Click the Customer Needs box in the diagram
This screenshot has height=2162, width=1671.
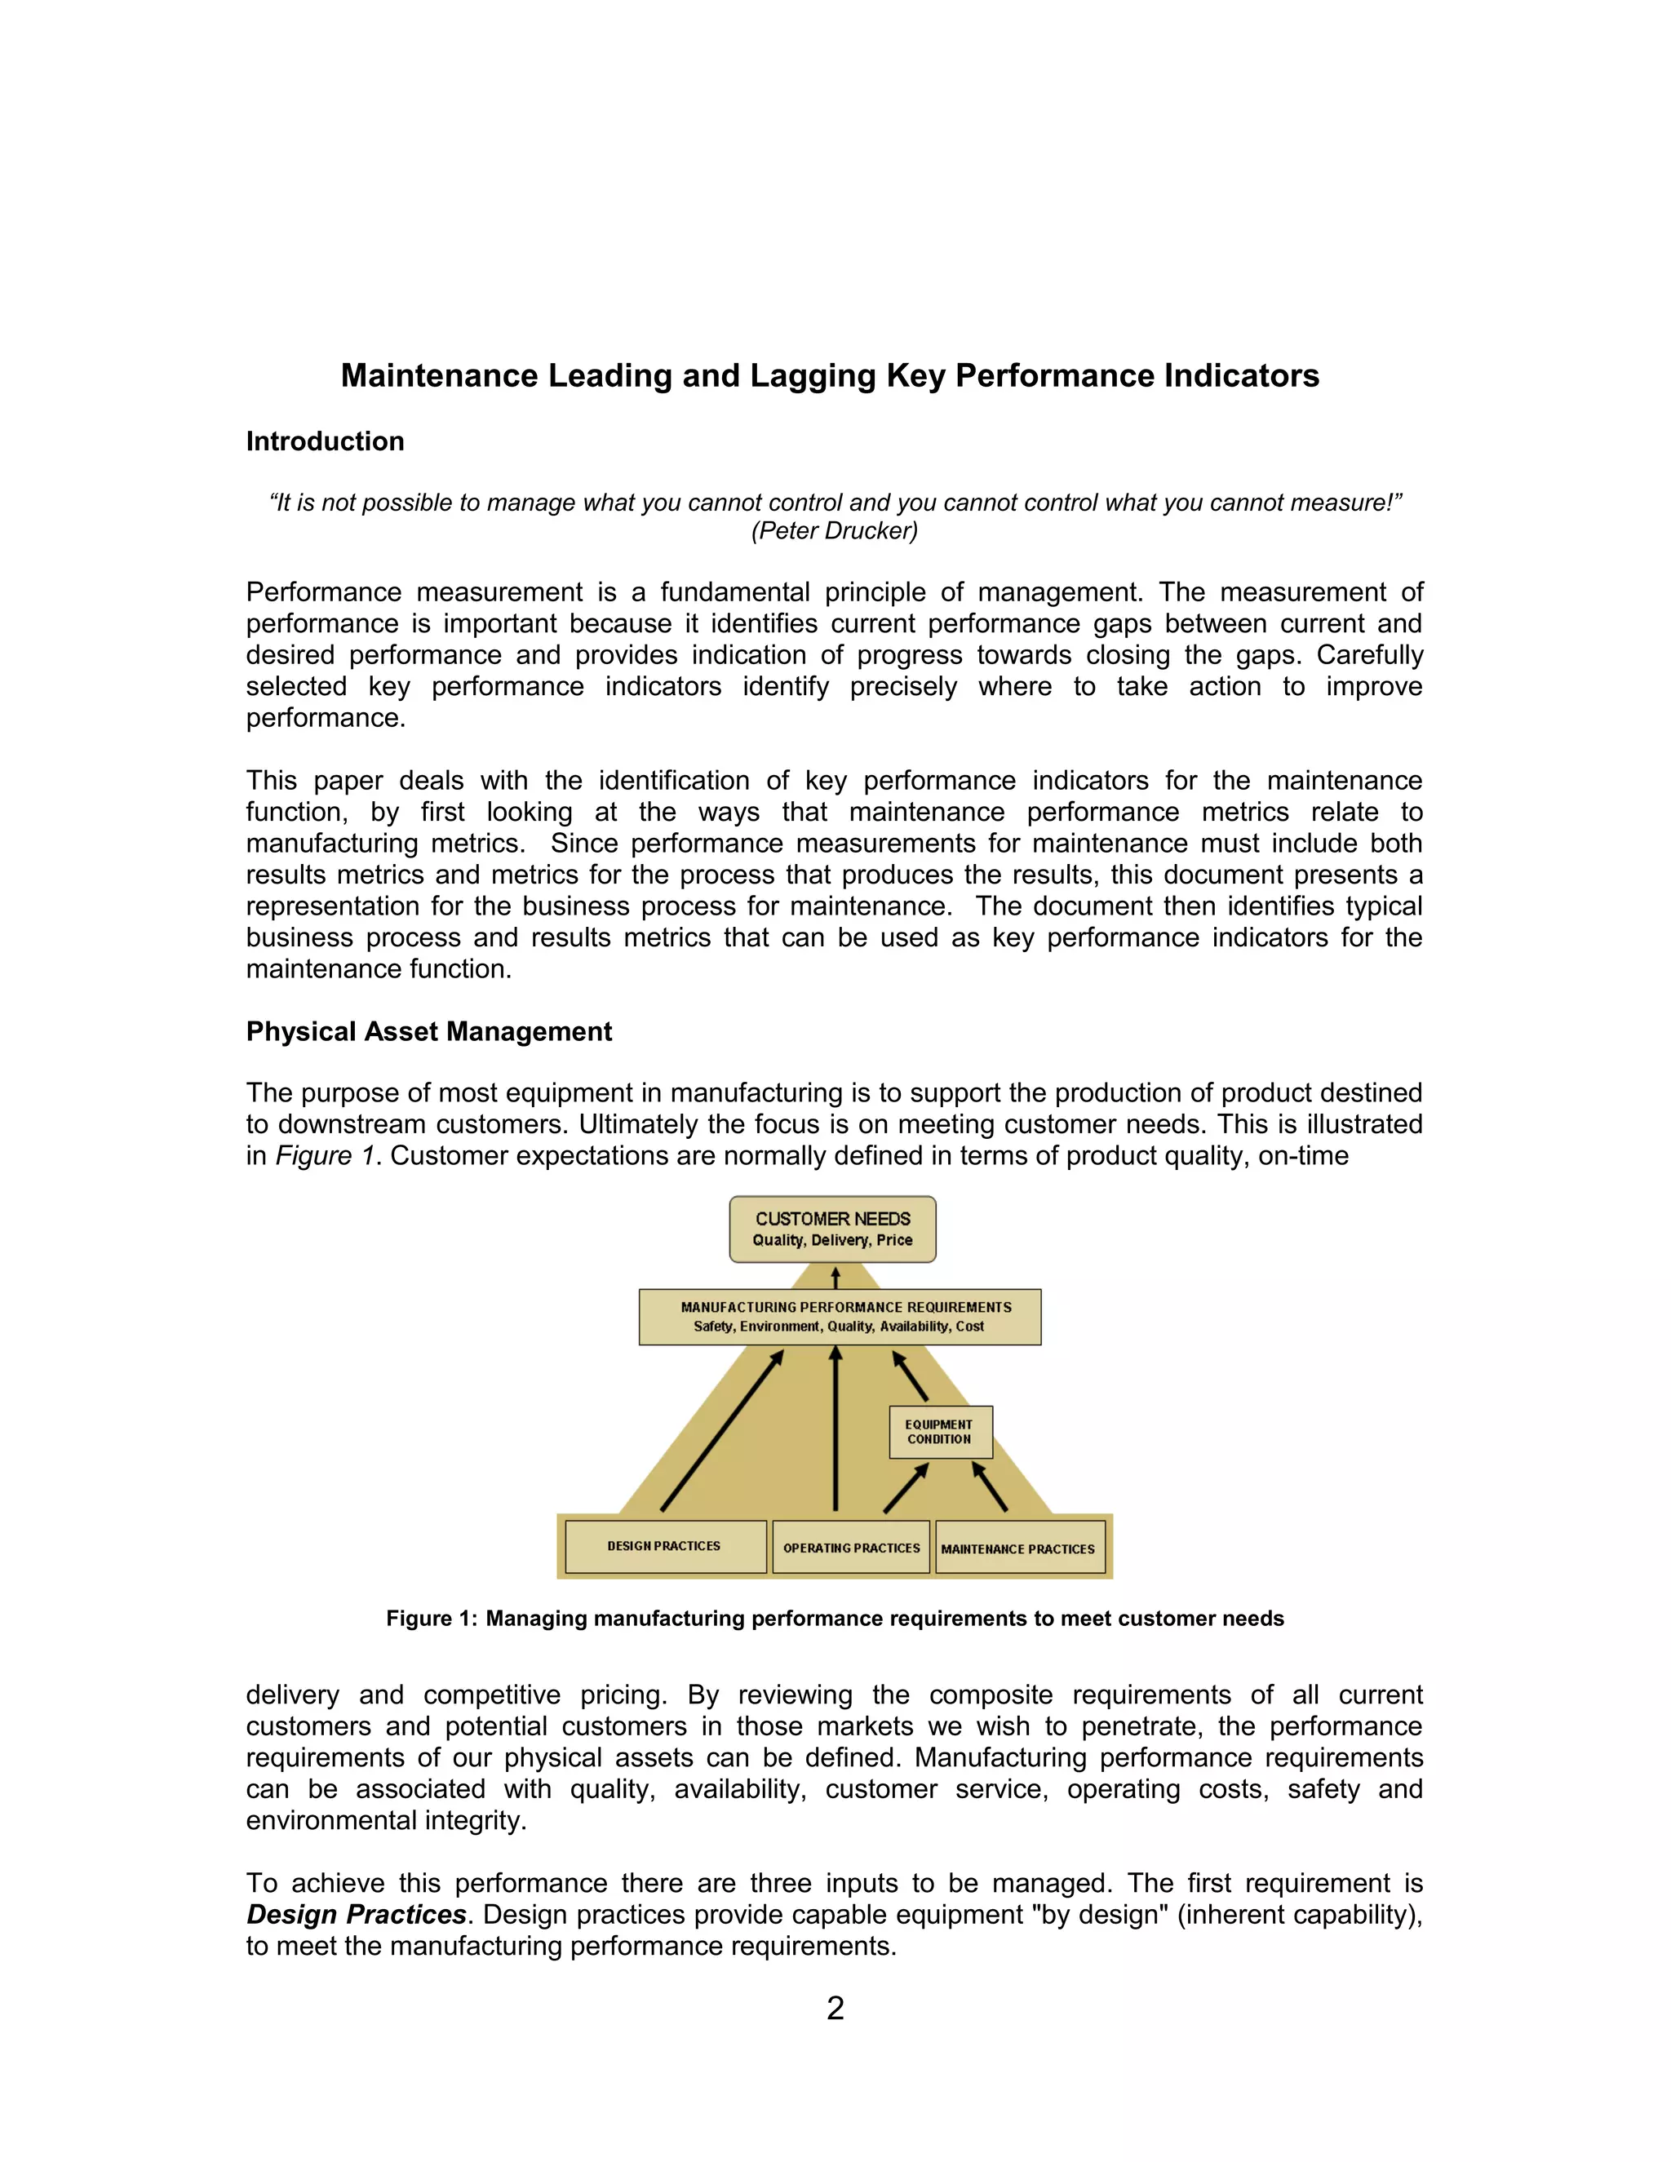tap(832, 1229)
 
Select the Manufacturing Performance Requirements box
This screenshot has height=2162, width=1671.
tap(840, 1317)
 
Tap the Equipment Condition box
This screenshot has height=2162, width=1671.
tap(941, 1432)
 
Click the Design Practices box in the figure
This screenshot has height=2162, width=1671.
tap(665, 1546)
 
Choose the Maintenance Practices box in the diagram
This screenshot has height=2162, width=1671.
tap(1018, 1548)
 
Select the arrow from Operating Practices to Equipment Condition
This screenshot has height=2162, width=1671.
tap(906, 1488)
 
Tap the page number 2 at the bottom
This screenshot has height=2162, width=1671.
tap(835, 2008)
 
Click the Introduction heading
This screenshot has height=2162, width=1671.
tap(325, 441)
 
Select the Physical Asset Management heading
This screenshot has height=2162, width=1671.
tap(428, 1031)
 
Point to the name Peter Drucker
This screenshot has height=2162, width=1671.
tap(835, 530)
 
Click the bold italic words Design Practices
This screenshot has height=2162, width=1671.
tap(357, 1915)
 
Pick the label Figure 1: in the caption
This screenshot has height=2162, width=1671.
tap(432, 1619)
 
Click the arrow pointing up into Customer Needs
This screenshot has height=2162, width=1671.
tap(835, 1277)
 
